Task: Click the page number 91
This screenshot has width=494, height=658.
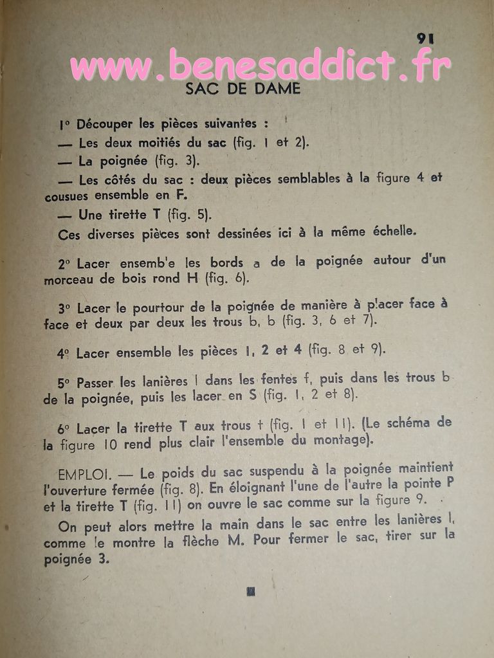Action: coord(425,38)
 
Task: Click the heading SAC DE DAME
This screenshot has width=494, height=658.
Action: coord(242,89)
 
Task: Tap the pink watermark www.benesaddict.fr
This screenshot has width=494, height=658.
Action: coord(261,66)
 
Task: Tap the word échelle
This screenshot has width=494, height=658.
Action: coord(392,232)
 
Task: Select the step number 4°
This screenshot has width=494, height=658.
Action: coord(63,353)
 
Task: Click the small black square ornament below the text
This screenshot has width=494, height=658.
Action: coord(250,590)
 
